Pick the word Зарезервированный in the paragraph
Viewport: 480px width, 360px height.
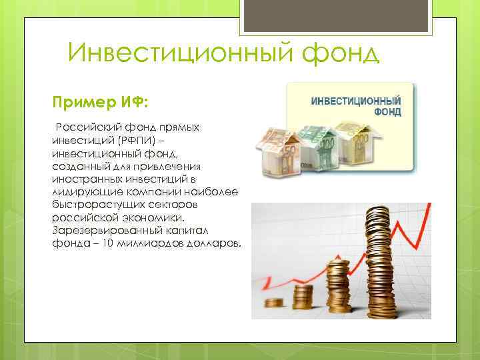click(97, 230)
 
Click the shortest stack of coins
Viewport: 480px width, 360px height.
click(274, 303)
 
